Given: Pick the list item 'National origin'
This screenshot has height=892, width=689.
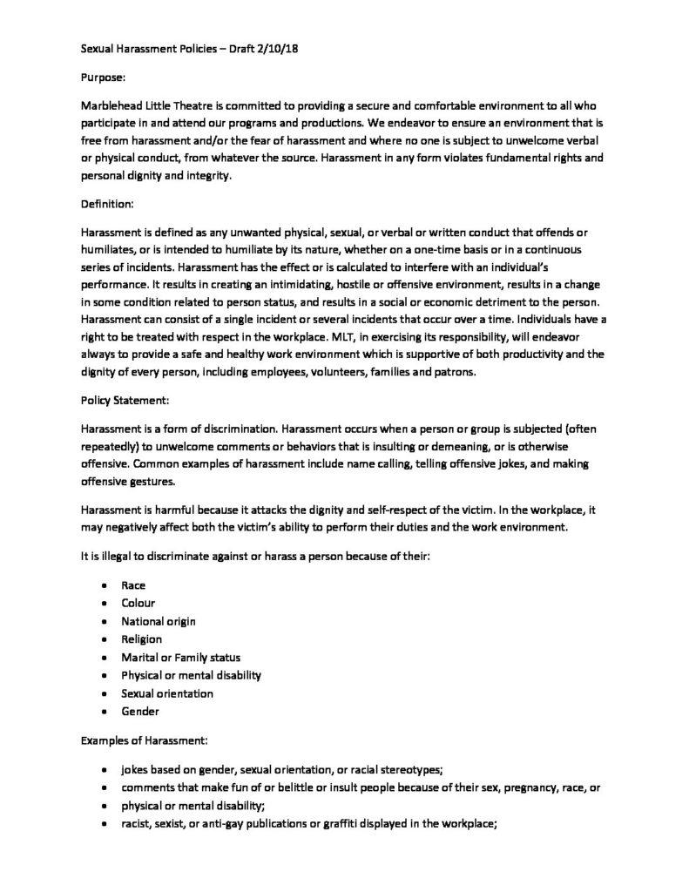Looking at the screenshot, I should point(159,621).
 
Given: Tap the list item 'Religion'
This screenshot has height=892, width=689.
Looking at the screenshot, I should point(141,639).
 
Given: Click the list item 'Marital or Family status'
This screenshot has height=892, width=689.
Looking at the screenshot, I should point(181,657).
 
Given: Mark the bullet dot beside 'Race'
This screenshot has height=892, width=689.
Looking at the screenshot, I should point(105,585).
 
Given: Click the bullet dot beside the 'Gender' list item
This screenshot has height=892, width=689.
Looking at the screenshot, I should point(105,712).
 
